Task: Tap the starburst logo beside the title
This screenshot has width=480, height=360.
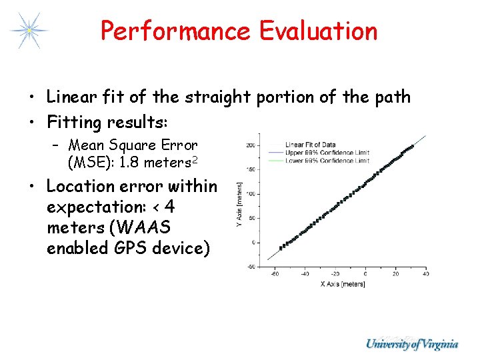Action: pyautogui.click(x=29, y=30)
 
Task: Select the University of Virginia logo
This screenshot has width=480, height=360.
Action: pyautogui.click(x=411, y=344)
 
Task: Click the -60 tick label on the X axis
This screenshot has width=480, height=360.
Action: pyautogui.click(x=275, y=273)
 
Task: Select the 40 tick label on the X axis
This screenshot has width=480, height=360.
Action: pyautogui.click(x=425, y=273)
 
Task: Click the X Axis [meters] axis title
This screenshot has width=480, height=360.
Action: pyautogui.click(x=343, y=285)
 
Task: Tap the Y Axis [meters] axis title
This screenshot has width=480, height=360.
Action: pyautogui.click(x=239, y=207)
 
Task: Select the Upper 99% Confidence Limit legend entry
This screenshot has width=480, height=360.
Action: pyautogui.click(x=327, y=153)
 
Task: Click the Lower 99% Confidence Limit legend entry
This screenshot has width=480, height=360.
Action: pyautogui.click(x=327, y=161)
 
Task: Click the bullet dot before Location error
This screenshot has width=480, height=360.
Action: pyautogui.click(x=33, y=187)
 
